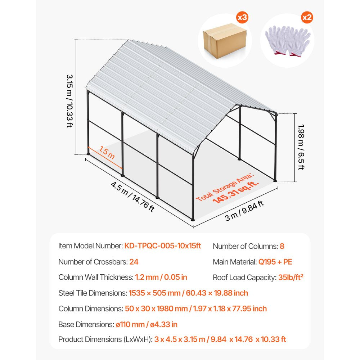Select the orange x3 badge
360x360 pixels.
[242, 17]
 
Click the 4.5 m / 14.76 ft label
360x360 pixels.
[132, 197]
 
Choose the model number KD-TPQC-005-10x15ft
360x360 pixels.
[163, 246]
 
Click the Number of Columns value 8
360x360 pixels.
[282, 246]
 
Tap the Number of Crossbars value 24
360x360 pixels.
[134, 262]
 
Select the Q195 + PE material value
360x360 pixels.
[275, 262]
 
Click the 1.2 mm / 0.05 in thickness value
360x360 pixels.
[161, 277]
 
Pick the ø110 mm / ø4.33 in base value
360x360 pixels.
[147, 324]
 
